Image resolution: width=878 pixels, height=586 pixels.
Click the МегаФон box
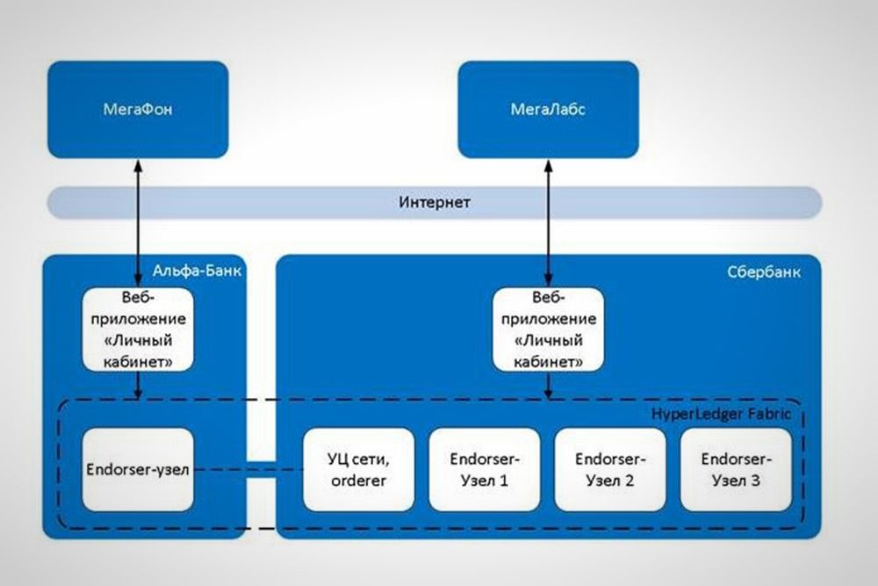coord(138,110)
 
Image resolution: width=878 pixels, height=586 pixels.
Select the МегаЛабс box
coord(548,110)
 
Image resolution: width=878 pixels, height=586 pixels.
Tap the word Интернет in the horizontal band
coord(435,203)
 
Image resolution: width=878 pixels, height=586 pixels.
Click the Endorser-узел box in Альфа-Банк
coord(137,470)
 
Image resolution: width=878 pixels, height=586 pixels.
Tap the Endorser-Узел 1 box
coord(484,470)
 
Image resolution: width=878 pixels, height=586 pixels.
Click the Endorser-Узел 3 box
coord(736,470)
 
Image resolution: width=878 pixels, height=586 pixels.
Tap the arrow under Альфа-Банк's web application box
coord(137,385)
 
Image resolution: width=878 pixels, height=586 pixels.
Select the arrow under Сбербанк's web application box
coord(549,385)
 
